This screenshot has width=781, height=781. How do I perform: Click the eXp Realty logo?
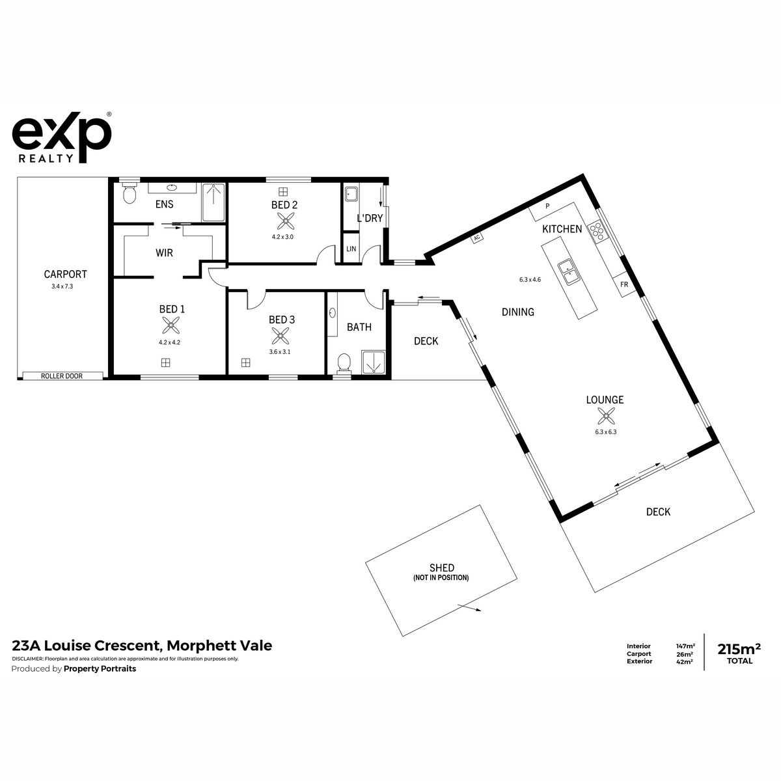coord(62,137)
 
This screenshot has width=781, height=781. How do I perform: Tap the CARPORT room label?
coord(65,275)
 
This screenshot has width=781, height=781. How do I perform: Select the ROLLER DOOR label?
coord(62,376)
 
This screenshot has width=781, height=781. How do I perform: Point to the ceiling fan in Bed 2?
coord(286,222)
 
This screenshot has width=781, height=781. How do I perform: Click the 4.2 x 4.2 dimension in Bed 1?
coord(169,342)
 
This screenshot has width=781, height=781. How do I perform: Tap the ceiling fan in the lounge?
coord(606,416)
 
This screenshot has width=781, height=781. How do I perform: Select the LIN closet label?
coord(351,249)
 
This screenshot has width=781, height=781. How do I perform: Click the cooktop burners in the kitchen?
coord(597,232)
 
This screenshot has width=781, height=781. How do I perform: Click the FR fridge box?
coord(624,284)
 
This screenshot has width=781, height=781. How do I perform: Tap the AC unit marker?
coord(477,238)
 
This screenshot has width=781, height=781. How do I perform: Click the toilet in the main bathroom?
coord(344,362)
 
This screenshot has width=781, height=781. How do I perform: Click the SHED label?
coord(442,568)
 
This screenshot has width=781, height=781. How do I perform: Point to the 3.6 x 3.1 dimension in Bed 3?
coord(280,352)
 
